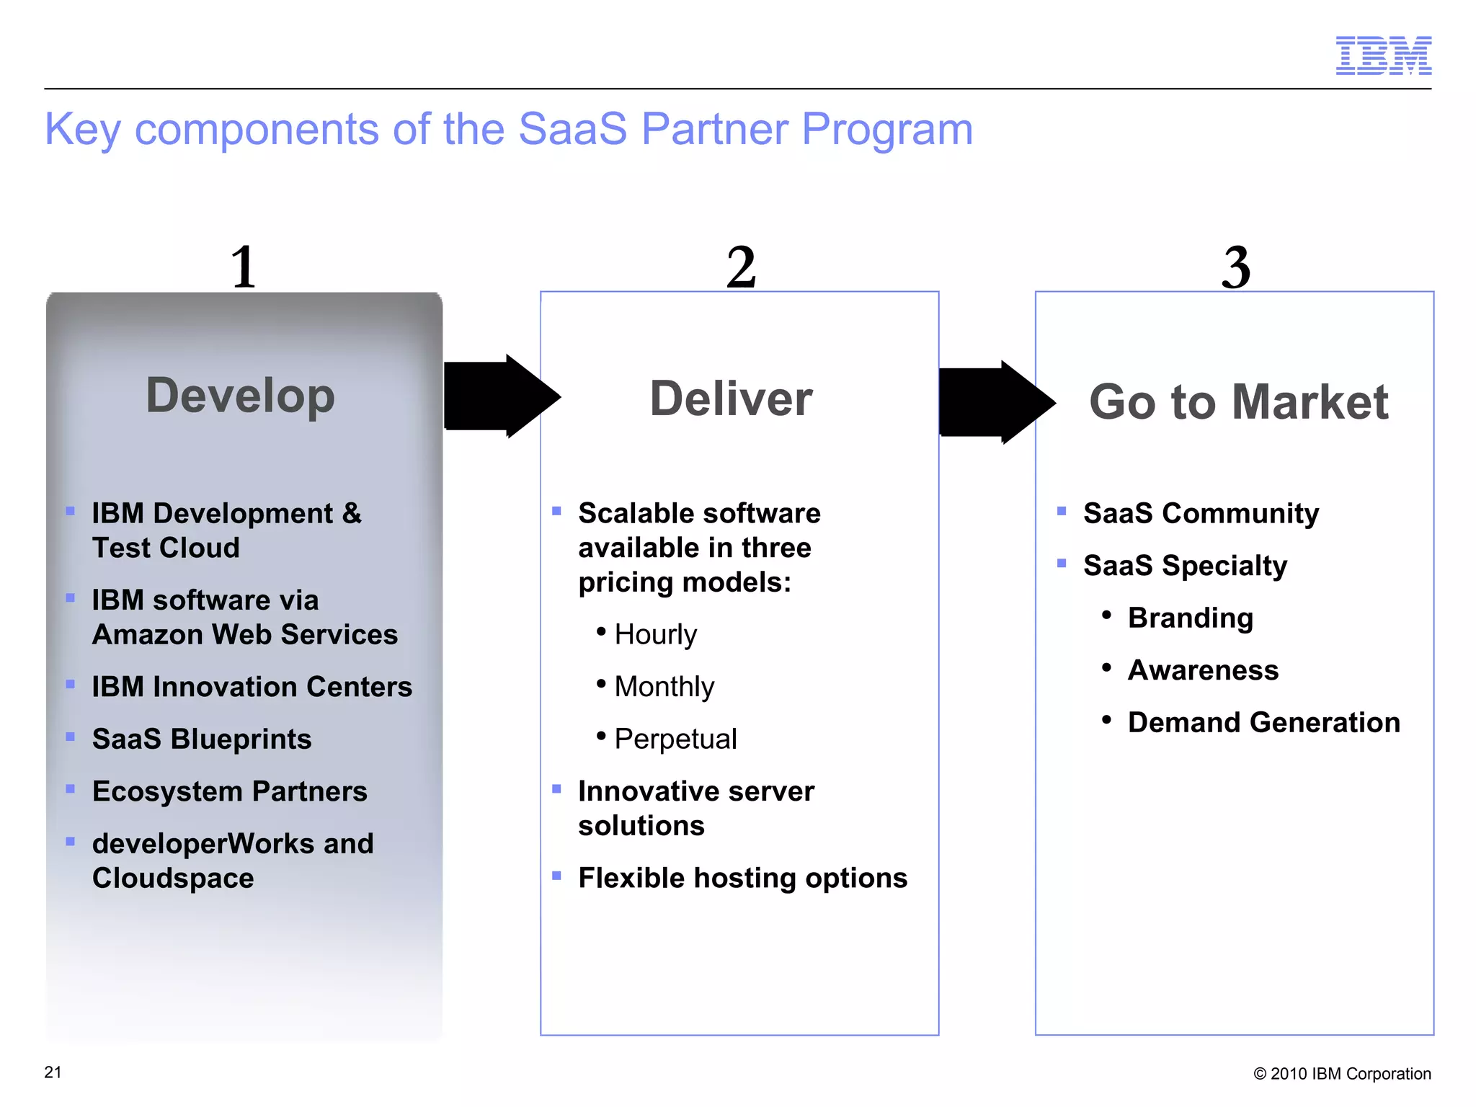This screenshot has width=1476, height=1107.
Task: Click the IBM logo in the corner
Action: point(1383,55)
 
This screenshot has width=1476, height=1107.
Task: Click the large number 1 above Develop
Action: point(244,267)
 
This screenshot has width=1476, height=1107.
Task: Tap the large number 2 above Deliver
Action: point(741,267)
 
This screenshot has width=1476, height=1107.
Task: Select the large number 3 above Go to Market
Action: point(1236,267)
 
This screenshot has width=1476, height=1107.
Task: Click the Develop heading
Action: point(241,396)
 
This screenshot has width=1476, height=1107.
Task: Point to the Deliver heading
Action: point(731,399)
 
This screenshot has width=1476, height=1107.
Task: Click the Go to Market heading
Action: point(1238,401)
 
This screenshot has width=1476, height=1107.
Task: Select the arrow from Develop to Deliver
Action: point(500,396)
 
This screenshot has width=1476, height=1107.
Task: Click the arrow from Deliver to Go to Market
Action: point(996,402)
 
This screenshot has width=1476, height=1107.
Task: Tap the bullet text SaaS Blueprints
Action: point(202,739)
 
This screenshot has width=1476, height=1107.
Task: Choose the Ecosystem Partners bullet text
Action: point(229,791)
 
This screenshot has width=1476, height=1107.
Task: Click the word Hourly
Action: point(655,635)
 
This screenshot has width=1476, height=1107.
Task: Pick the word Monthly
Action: point(664,687)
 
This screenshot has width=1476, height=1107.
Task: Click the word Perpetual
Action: point(675,739)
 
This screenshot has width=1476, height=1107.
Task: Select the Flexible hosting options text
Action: point(742,878)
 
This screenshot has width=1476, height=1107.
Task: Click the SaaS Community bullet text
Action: point(1201,513)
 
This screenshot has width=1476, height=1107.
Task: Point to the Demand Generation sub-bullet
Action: point(1263,722)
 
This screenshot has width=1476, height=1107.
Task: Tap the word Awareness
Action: point(1203,670)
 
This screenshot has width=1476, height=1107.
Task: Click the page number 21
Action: point(53,1072)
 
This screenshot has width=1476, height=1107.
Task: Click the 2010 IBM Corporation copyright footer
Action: point(1342,1074)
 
